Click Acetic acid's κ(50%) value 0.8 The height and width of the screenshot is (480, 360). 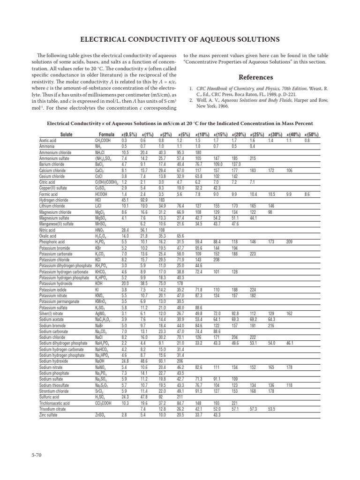[x=307, y=140]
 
